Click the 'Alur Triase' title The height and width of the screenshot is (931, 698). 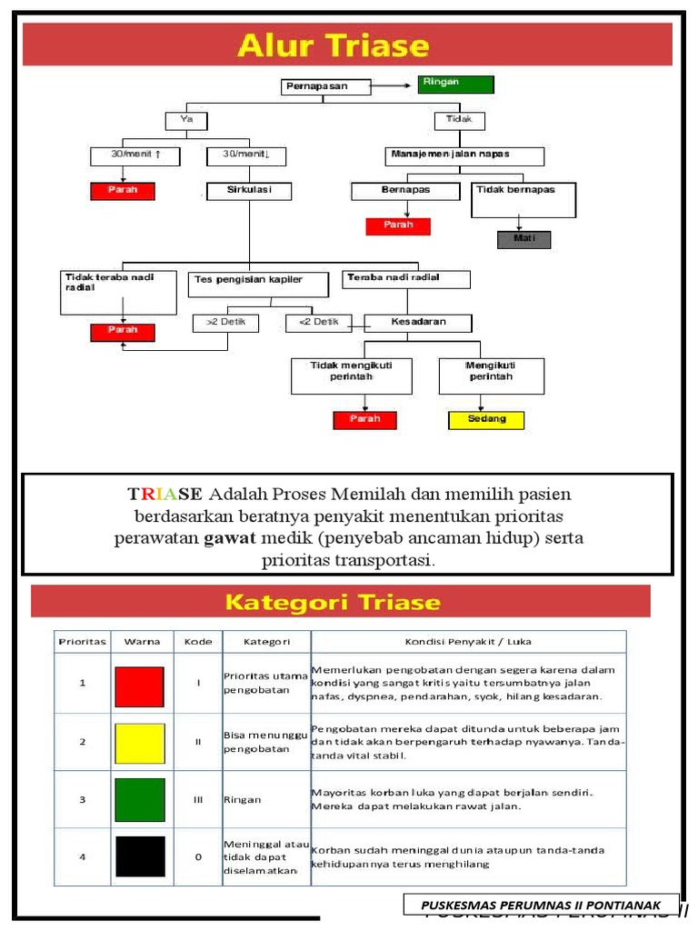(x=333, y=45)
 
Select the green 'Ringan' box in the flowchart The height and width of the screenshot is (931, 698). (x=455, y=84)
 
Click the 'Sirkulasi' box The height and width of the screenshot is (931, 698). (x=248, y=191)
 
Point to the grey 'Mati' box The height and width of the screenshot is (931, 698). (x=523, y=240)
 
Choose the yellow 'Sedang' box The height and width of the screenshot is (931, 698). (x=486, y=420)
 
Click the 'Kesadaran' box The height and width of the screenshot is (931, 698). (x=418, y=323)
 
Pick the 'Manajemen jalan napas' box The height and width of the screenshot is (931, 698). (x=465, y=155)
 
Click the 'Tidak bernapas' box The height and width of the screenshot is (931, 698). (x=523, y=199)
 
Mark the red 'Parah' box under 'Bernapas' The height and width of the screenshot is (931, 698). (x=398, y=225)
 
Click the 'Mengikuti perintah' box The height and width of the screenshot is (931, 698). (x=491, y=375)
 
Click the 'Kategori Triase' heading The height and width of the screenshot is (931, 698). (x=333, y=602)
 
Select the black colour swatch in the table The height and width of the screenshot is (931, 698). (x=140, y=856)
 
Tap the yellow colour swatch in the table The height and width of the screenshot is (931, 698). (x=140, y=743)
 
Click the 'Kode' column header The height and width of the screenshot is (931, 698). (x=197, y=641)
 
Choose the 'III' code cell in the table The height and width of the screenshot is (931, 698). (x=197, y=799)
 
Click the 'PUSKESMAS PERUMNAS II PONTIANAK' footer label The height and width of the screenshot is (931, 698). (x=542, y=905)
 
